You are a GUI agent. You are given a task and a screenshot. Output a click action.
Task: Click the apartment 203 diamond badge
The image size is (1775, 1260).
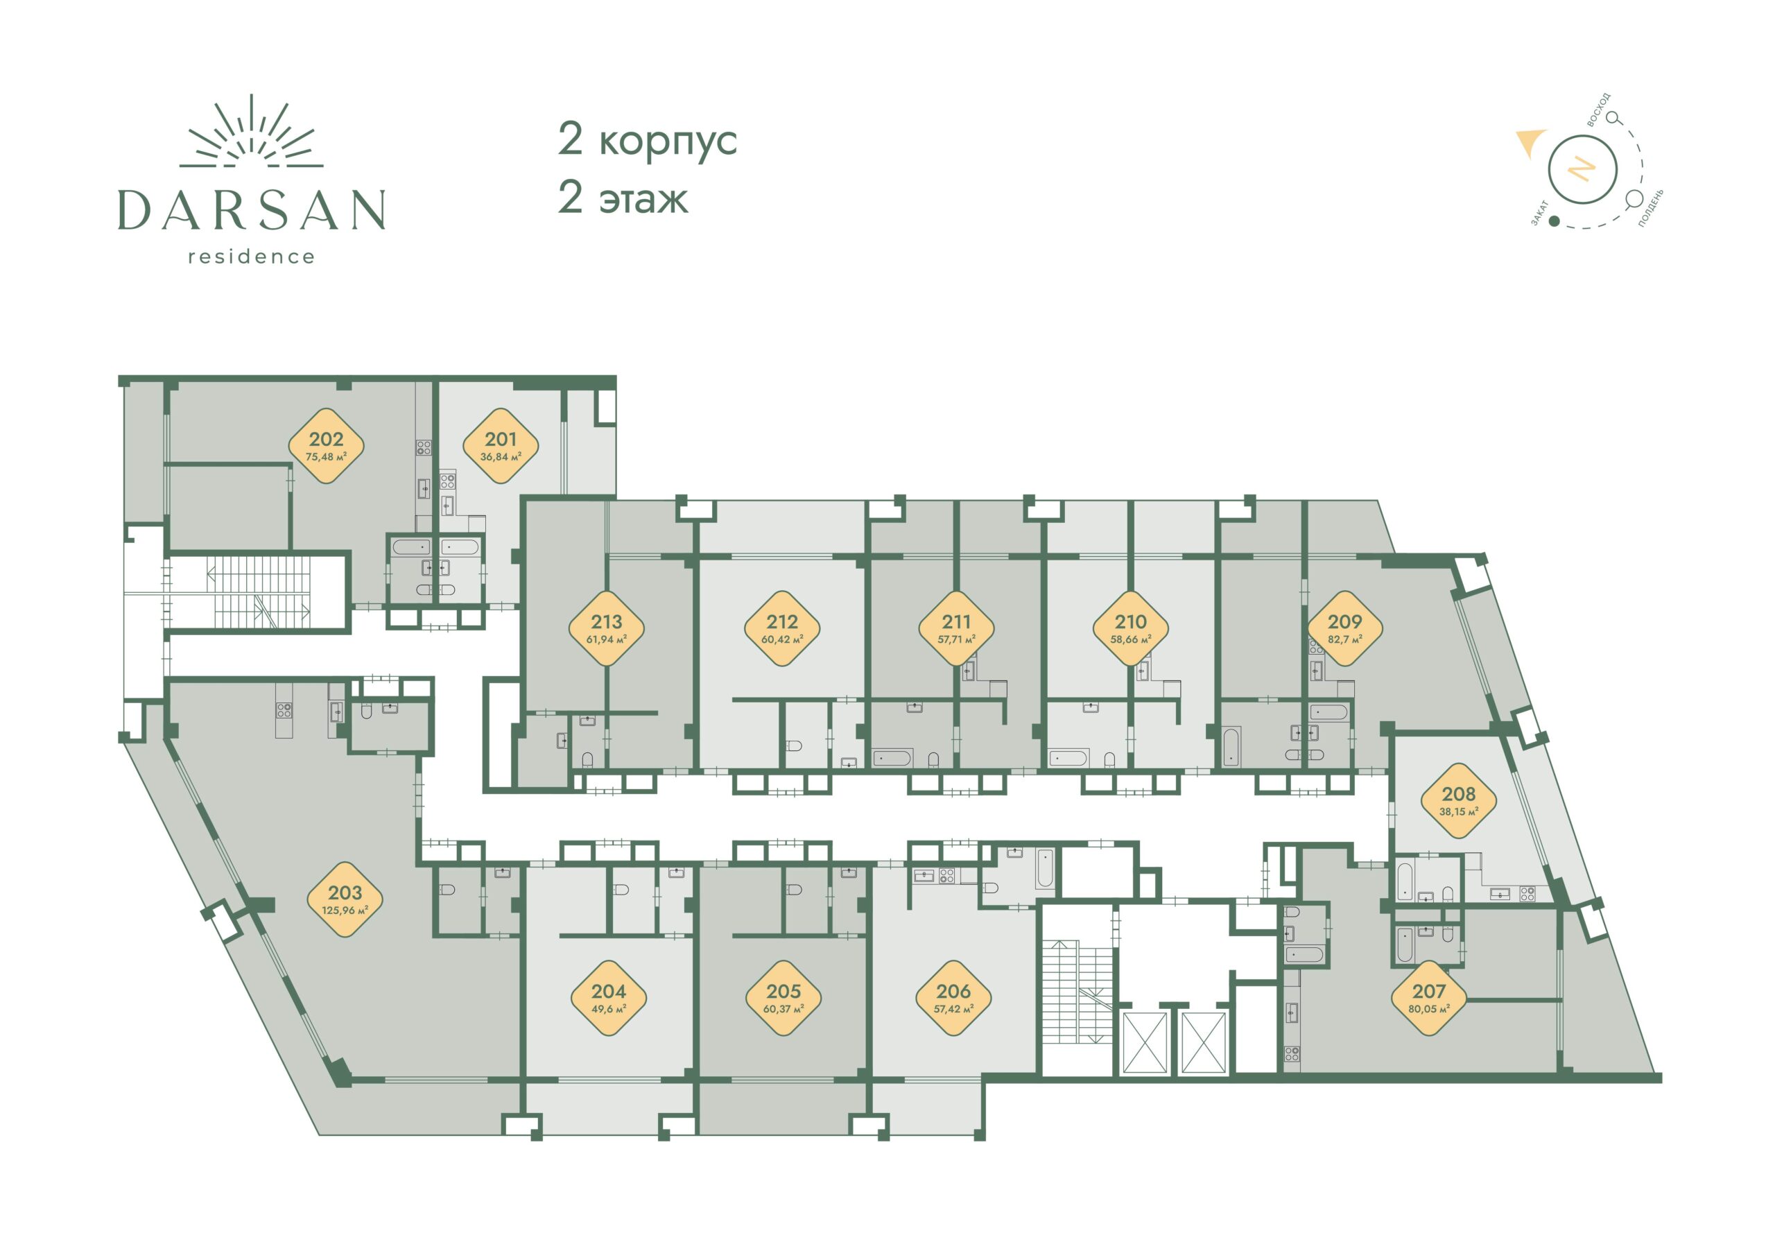pos(345,899)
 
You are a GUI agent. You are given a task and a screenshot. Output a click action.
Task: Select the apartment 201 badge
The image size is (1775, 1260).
pos(501,446)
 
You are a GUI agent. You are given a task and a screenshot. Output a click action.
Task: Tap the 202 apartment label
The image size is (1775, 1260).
pos(326,446)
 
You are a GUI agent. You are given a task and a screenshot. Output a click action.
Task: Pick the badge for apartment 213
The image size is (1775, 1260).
pos(607,628)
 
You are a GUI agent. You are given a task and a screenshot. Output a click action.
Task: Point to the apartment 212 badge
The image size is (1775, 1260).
pos(782,628)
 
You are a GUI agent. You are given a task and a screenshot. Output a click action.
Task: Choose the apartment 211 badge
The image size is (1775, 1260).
pos(957,628)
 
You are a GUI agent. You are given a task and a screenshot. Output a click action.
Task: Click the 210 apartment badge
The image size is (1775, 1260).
pos(1130,628)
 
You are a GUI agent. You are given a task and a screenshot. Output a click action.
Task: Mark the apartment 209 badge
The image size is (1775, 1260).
pos(1345,628)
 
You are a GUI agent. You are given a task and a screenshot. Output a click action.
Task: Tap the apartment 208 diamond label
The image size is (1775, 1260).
pos(1458,801)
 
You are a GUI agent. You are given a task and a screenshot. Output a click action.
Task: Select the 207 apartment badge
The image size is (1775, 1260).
pos(1429,998)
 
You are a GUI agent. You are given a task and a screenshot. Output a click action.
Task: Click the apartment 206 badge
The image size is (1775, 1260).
pos(953,998)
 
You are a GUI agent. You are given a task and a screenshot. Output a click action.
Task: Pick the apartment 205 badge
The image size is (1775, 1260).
pos(783,998)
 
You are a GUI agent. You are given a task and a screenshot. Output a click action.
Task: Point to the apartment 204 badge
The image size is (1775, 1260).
pos(609,998)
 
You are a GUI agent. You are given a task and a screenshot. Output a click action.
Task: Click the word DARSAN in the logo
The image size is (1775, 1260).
pos(252,209)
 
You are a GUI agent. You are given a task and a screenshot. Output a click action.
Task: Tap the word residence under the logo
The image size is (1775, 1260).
pos(252,257)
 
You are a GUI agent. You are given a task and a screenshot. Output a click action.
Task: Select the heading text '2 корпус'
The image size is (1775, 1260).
pos(647,141)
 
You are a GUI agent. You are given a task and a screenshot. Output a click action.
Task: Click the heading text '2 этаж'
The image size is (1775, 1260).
pos(623,197)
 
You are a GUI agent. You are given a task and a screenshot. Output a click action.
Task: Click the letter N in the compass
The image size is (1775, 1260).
pos(1582,169)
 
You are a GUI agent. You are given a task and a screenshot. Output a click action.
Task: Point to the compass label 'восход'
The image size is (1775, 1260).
pos(1599,110)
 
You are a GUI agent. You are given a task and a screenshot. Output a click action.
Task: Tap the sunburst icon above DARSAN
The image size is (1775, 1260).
pos(252,132)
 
